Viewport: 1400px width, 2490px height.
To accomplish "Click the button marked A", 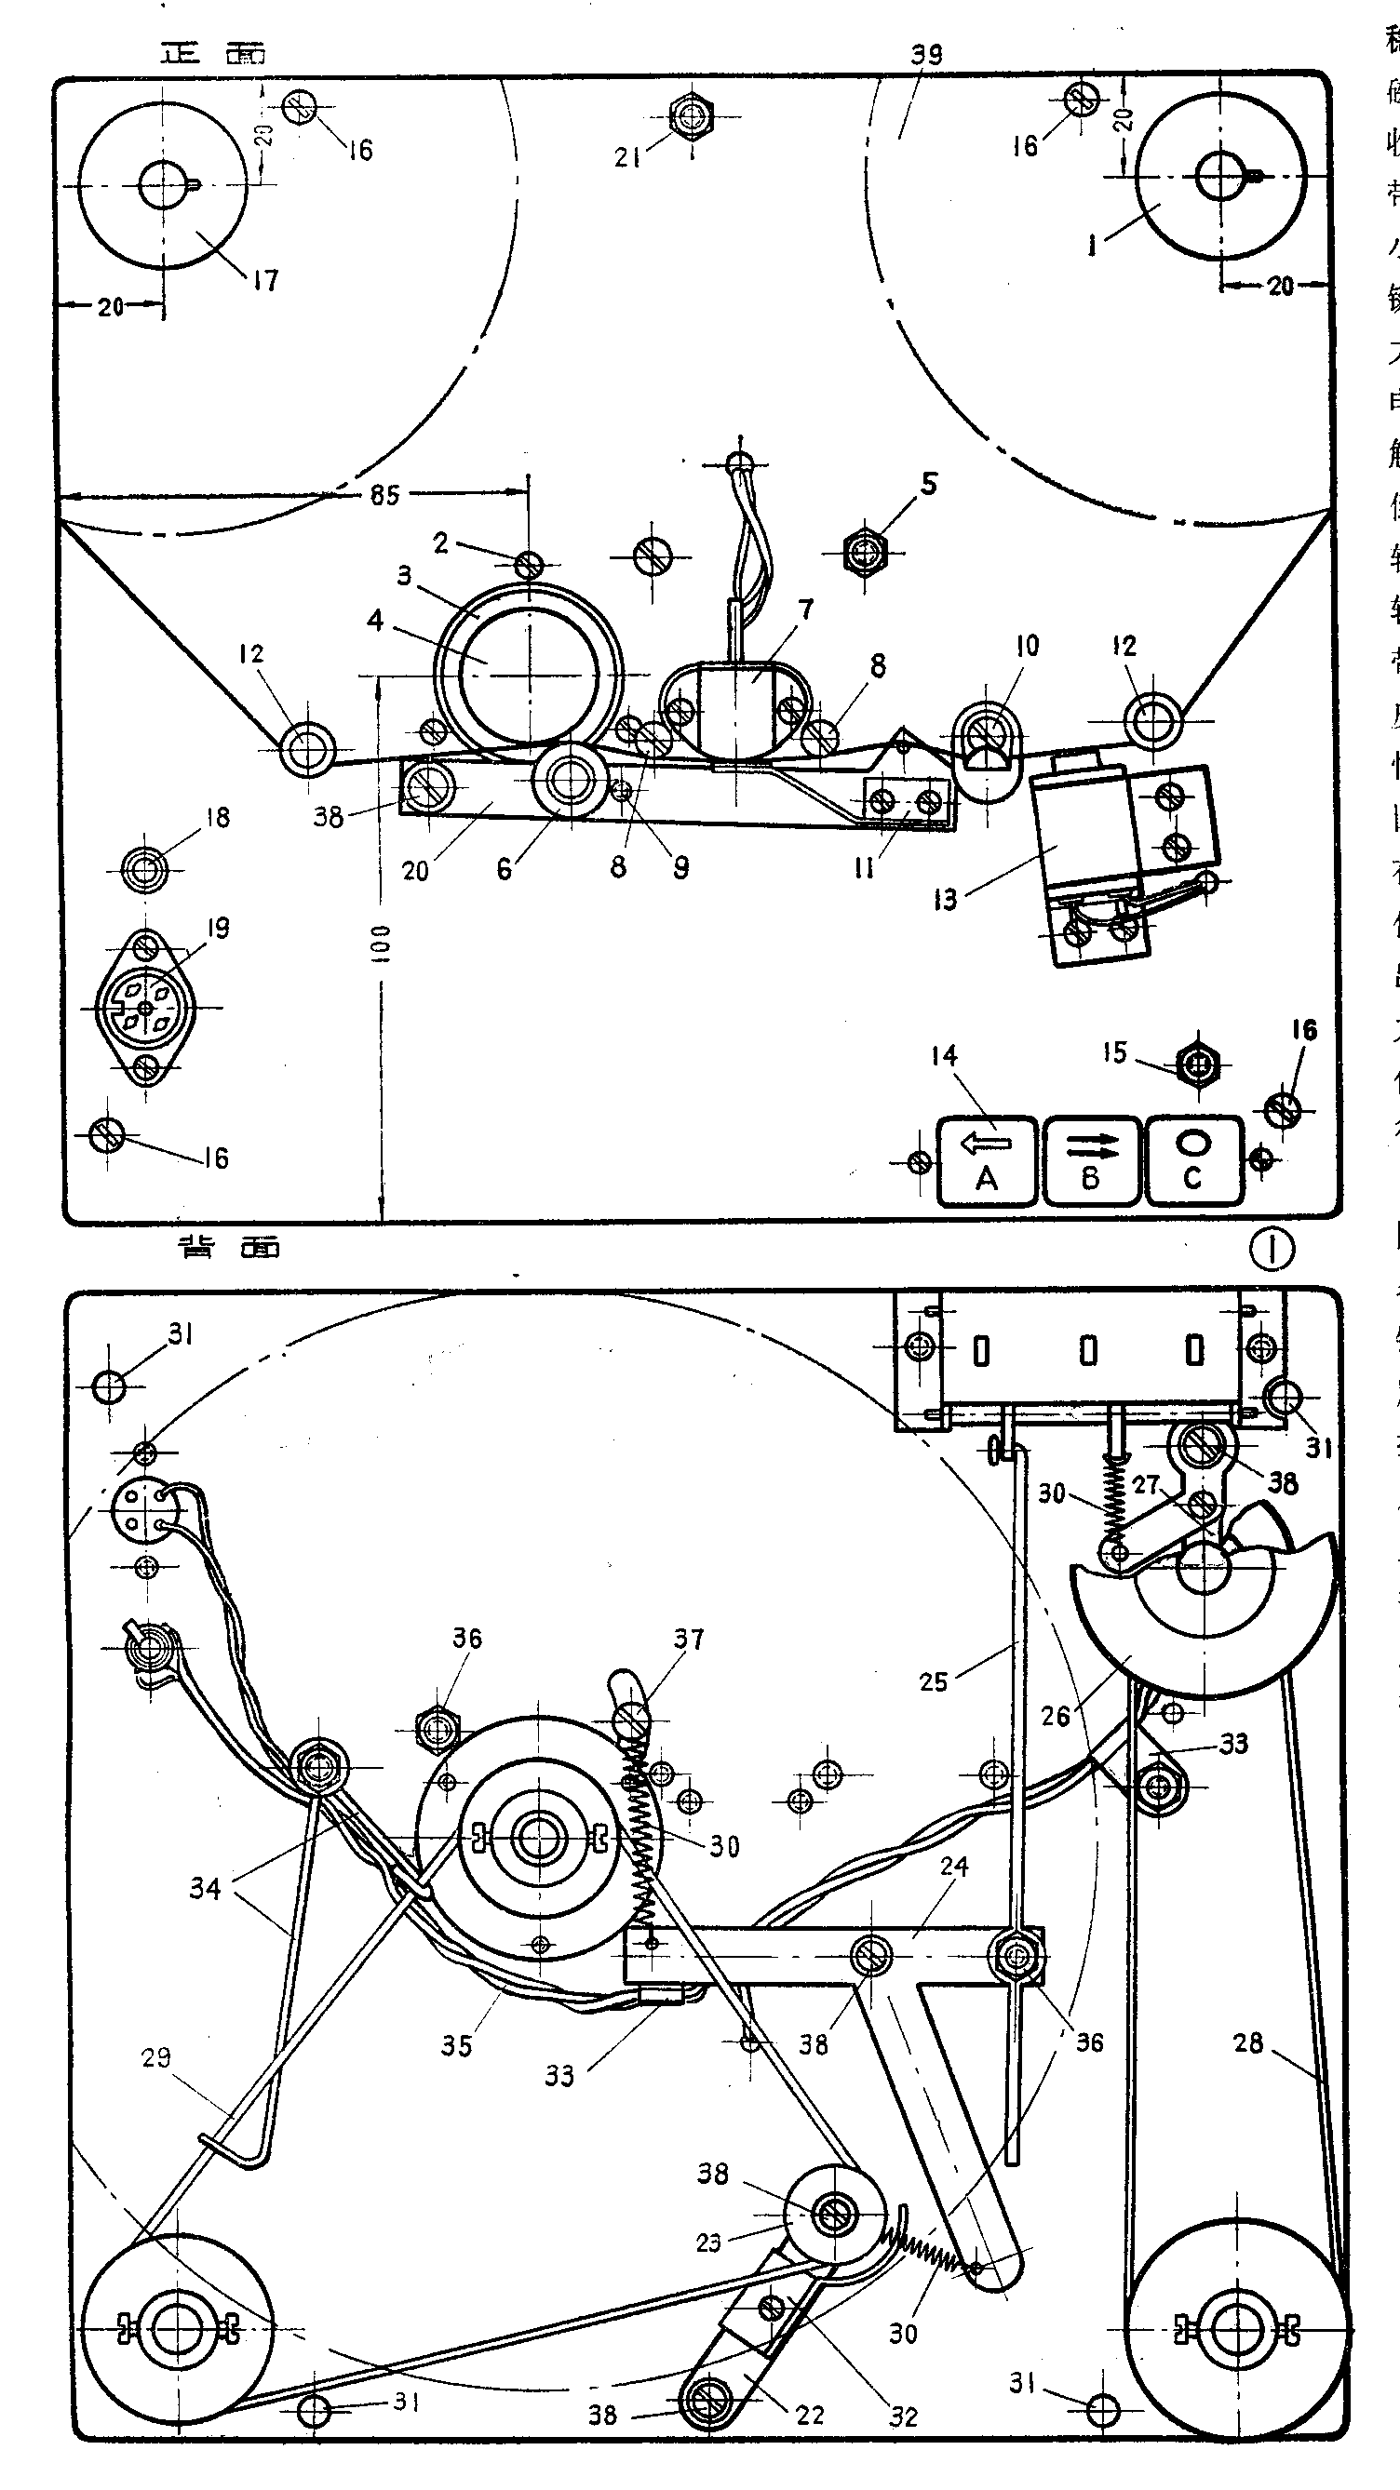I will point(987,1161).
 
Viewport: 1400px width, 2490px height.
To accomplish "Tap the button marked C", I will point(1193,1161).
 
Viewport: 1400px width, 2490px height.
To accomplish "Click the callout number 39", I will point(926,54).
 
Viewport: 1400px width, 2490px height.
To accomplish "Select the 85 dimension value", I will point(384,495).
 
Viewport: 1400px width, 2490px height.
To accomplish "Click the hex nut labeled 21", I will point(689,118).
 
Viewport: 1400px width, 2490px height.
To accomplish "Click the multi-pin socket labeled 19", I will point(146,1008).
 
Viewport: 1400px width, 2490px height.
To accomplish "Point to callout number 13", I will point(945,900).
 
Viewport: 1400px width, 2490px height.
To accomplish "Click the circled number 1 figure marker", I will point(1272,1250).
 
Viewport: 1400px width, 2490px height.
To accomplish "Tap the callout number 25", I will point(933,1682).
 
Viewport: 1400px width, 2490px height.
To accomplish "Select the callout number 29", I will point(155,2058).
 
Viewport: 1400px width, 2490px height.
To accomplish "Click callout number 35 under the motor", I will point(456,2045).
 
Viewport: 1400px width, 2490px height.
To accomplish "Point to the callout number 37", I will point(689,1639).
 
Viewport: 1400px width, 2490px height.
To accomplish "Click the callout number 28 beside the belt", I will point(1248,2042).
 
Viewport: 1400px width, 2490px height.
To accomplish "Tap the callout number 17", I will point(265,280).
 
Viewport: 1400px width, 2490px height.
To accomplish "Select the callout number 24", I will point(954,1866).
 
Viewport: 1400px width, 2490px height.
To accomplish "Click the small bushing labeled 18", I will point(144,869).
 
